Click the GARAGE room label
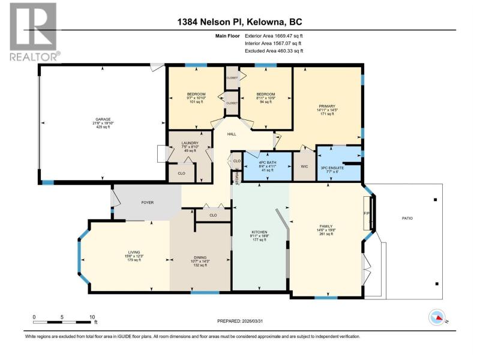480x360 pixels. [x=103, y=119]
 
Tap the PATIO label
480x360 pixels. [x=407, y=218]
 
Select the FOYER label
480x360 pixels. [x=147, y=203]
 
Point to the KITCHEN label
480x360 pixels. [x=259, y=232]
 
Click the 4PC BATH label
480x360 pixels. [x=267, y=163]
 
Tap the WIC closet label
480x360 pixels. [x=304, y=167]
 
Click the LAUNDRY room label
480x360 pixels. [x=190, y=143]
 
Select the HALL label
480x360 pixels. [x=232, y=134]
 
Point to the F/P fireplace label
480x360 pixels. [x=367, y=213]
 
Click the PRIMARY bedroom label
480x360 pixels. [x=327, y=106]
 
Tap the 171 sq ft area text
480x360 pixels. [x=327, y=114]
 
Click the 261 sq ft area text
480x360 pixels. [x=326, y=234]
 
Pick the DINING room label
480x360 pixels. [x=200, y=257]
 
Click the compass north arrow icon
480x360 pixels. [x=437, y=317]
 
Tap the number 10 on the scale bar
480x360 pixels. [x=92, y=317]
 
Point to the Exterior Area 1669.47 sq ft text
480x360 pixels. [x=274, y=36]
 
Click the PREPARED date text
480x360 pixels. [x=240, y=321]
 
